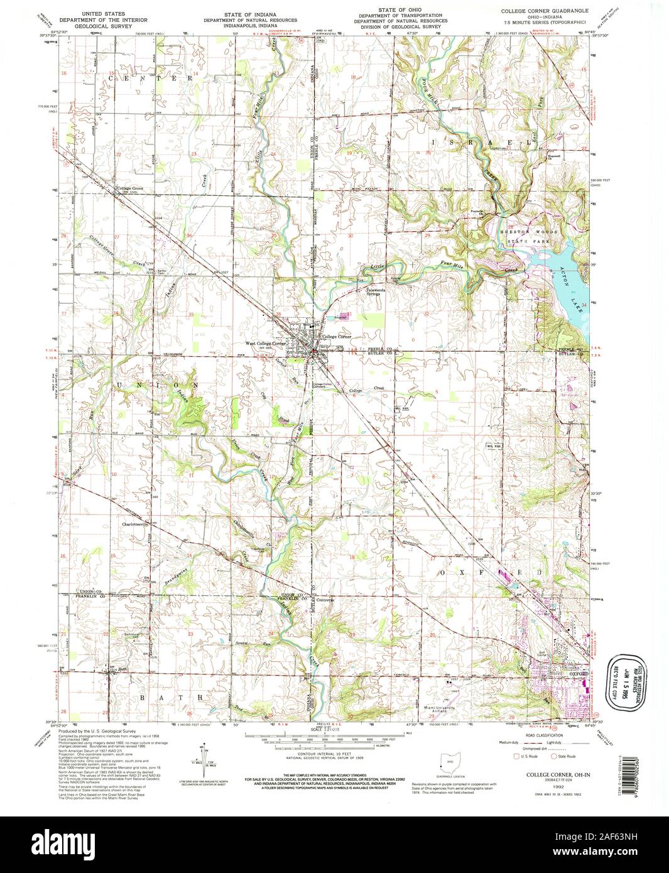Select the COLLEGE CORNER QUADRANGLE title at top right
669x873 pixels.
tap(544, 11)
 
